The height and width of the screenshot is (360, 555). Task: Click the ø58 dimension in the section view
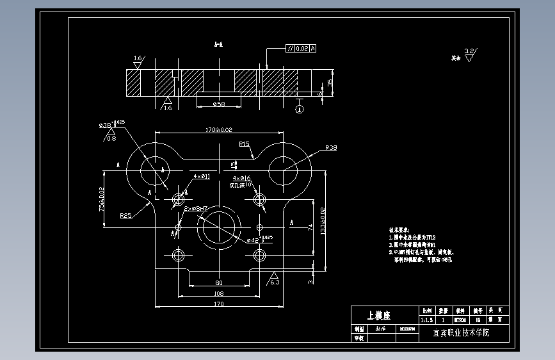click(219, 103)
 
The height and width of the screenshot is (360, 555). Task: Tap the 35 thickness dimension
click(330, 83)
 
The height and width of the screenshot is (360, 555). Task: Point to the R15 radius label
click(244, 144)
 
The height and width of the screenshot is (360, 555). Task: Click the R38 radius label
click(331, 148)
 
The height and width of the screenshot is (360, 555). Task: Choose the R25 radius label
click(126, 216)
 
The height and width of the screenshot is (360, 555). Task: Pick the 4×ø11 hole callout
click(202, 176)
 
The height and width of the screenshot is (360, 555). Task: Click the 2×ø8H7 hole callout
click(196, 209)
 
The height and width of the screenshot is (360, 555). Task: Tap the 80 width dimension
click(219, 282)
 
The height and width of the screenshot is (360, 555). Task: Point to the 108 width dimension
click(219, 293)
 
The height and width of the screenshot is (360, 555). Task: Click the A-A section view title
click(218, 45)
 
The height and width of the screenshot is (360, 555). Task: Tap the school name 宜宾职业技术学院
click(460, 333)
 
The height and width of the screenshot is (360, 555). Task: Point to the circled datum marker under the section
click(298, 109)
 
